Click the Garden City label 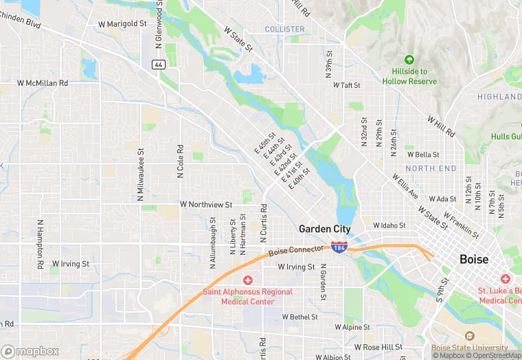[x=324, y=229]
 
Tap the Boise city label [x=474, y=260]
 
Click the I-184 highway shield [x=339, y=247]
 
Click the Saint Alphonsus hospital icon [x=247, y=280]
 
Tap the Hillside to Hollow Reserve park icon [x=410, y=60]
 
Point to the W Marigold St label [x=123, y=23]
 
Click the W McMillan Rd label [x=43, y=83]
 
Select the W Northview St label [x=206, y=205]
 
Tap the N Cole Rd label [x=180, y=161]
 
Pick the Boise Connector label [x=295, y=251]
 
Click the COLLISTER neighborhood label [x=284, y=29]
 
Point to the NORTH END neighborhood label [x=431, y=168]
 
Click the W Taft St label [x=347, y=85]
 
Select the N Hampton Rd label [x=41, y=244]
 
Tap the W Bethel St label [x=299, y=317]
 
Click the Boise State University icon [x=469, y=336]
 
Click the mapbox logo [x=31, y=351]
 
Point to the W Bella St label [x=423, y=155]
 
